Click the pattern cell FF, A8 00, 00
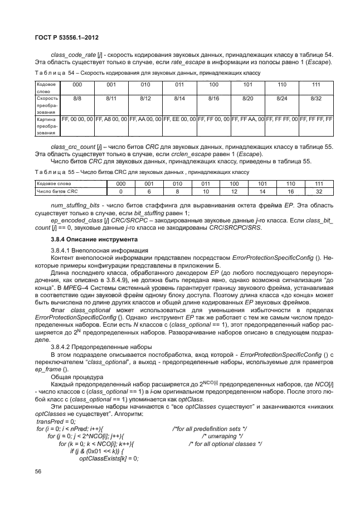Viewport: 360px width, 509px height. (111, 119)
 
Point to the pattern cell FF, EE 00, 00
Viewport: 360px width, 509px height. (179, 119)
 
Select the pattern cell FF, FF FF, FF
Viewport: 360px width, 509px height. (316, 119)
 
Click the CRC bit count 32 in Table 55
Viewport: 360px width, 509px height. (319, 191)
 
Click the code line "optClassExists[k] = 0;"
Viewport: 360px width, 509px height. (109, 458)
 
